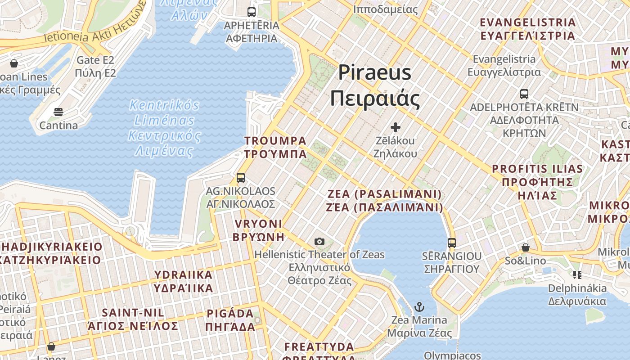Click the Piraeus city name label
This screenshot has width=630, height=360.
pos(375,85)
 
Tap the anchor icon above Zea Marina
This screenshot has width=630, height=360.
pos(419,307)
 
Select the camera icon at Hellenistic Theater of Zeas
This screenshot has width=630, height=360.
pos(319,242)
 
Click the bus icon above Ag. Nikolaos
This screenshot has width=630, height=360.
pos(241,178)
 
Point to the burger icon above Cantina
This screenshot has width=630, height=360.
pos(58,112)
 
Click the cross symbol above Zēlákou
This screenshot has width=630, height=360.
pos(396,127)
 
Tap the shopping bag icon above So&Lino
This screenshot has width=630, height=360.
pos(525,247)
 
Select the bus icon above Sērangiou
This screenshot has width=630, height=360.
pos(452,243)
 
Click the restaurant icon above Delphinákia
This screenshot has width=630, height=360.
pos(577,274)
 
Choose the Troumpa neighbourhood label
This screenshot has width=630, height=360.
pos(275,148)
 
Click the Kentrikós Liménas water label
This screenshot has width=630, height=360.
pos(164,128)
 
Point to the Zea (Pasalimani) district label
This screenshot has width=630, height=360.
pos(385,201)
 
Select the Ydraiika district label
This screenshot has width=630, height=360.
pos(183,281)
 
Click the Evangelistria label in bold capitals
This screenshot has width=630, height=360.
pos(528,29)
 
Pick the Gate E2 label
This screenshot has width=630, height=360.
pos(95,66)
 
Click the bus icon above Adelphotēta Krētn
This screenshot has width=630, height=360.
pos(524,94)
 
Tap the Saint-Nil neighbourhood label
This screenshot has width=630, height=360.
pos(133,319)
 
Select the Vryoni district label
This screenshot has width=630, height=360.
pos(258,230)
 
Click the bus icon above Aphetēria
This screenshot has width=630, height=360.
pos(252,12)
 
